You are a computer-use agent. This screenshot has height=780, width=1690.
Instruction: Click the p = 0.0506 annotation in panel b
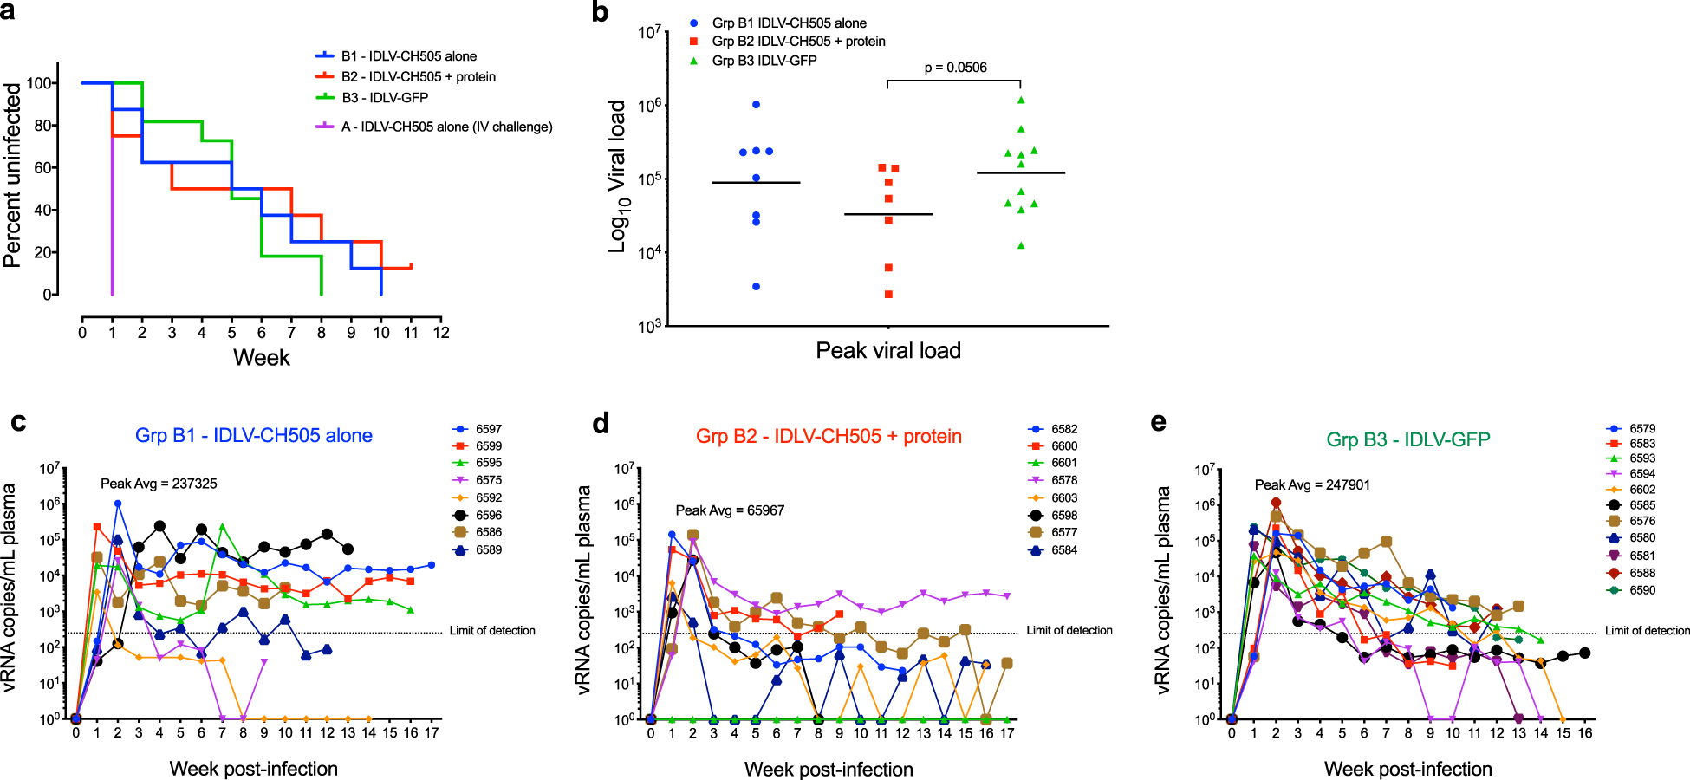tap(955, 68)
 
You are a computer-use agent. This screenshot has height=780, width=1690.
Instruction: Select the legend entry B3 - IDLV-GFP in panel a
tap(384, 98)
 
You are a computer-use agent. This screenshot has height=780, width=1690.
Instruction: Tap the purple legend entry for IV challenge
tap(445, 127)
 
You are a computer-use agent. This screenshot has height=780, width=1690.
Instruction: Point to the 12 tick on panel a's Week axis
tap(441, 333)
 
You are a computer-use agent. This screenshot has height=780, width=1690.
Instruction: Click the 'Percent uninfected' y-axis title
tap(12, 175)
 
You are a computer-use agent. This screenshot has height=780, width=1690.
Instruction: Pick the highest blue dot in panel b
tap(756, 105)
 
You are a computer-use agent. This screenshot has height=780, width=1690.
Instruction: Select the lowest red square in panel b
tap(888, 295)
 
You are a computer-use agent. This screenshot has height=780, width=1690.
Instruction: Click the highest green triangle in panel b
tap(1021, 101)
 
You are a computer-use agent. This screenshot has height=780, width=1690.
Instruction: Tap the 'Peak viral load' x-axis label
tap(888, 351)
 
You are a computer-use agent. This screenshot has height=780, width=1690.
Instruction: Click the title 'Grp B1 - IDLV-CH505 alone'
tap(254, 436)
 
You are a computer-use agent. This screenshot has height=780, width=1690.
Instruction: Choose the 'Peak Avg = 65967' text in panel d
tap(730, 510)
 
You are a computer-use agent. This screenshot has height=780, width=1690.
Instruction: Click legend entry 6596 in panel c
tap(488, 515)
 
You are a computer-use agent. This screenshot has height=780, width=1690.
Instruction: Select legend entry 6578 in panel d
tap(1064, 480)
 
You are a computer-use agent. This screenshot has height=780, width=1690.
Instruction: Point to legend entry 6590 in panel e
tap(1641, 590)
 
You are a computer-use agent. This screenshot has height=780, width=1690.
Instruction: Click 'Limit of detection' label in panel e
tap(1647, 631)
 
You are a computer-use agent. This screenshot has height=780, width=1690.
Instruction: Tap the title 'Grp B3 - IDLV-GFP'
tap(1407, 439)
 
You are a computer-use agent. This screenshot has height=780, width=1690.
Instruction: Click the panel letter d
tap(601, 424)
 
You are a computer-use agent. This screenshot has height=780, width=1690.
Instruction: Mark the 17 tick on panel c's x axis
tap(432, 733)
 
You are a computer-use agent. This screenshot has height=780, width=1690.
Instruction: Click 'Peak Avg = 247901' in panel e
tap(1312, 485)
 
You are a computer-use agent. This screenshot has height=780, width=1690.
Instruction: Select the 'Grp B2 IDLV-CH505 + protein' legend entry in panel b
tap(798, 42)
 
